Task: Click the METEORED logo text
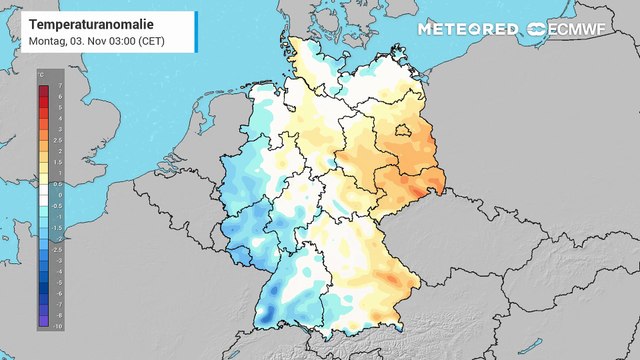468,29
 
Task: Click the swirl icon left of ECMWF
537,29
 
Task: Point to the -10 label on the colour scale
59,326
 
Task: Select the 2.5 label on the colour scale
59,141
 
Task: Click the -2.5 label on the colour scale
59,250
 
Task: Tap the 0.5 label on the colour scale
59,184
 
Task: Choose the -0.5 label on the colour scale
59,206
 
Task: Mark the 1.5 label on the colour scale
59,163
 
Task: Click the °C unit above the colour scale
41,75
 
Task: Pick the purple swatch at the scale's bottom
43,321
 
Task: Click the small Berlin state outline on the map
403,129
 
